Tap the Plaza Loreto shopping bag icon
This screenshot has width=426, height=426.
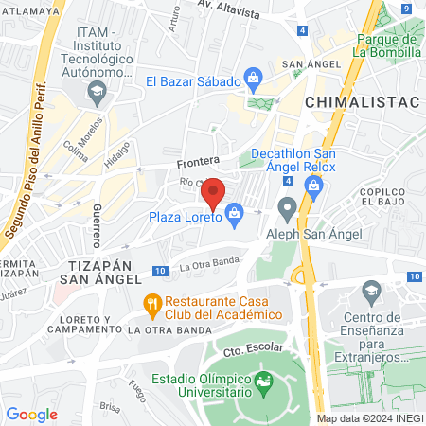click(x=234, y=217)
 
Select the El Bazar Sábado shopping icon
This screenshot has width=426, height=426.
click(x=253, y=76)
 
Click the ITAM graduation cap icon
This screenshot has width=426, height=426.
click(x=96, y=92)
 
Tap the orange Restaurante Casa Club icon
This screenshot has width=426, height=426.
click(x=150, y=305)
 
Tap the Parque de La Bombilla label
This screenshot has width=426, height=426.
click(x=387, y=45)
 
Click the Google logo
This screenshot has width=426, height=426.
click(x=32, y=414)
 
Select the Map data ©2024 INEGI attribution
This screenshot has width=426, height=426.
click(x=370, y=418)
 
